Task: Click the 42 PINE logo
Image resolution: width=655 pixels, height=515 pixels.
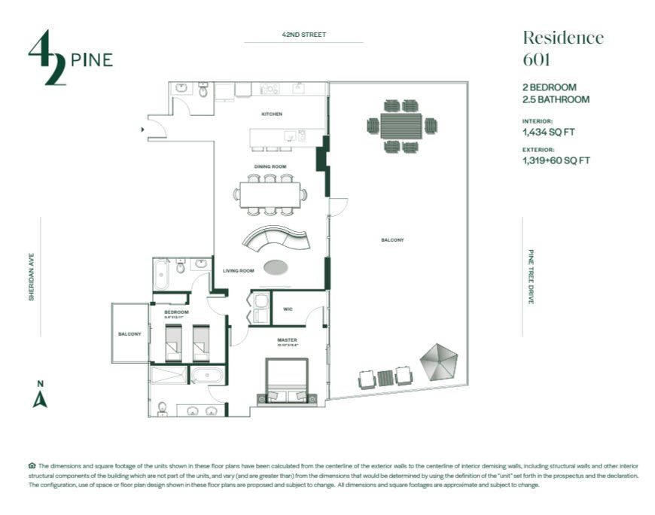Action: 69,58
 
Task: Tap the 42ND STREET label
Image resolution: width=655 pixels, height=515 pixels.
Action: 300,35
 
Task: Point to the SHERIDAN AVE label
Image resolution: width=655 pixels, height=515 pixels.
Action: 32,276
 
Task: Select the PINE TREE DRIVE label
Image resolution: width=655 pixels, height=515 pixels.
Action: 531,276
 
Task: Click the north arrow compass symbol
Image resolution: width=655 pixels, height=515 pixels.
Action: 40,395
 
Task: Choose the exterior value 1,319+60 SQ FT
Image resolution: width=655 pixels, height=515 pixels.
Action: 556,160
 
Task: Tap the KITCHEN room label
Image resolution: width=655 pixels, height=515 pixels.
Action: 272,114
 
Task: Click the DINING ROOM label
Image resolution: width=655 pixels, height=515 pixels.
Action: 270,166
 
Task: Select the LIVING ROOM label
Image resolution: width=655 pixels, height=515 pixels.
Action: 238,270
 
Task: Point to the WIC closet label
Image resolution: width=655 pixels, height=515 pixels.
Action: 288,309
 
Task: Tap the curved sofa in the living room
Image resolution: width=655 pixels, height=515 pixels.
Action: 276,240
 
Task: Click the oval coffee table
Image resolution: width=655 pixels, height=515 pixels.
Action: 276,266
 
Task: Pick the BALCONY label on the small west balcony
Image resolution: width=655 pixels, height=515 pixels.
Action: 129,334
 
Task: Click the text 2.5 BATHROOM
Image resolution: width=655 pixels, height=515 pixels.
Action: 556,99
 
